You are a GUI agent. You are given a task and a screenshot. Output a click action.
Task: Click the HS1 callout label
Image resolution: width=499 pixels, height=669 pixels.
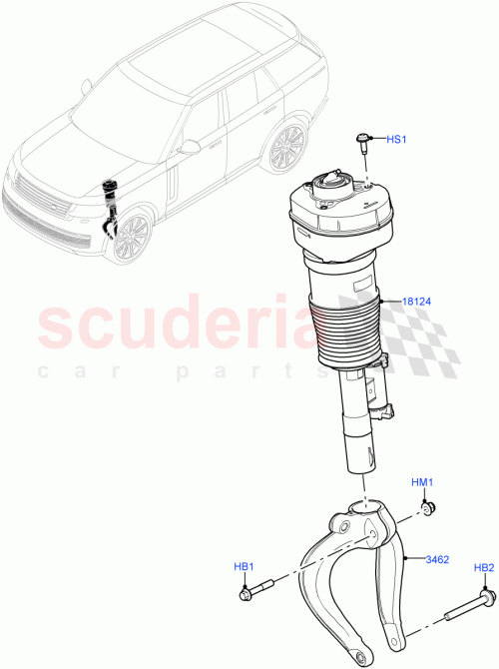[396, 140]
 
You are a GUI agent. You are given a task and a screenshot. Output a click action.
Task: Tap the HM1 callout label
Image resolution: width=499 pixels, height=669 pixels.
[423, 483]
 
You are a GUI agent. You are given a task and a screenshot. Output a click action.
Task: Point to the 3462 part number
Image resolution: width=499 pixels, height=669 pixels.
[439, 559]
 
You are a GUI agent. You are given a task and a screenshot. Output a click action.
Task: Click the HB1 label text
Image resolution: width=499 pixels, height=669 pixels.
[246, 567]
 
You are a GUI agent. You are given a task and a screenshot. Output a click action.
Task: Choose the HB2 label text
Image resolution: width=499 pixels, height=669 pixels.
[483, 568]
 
